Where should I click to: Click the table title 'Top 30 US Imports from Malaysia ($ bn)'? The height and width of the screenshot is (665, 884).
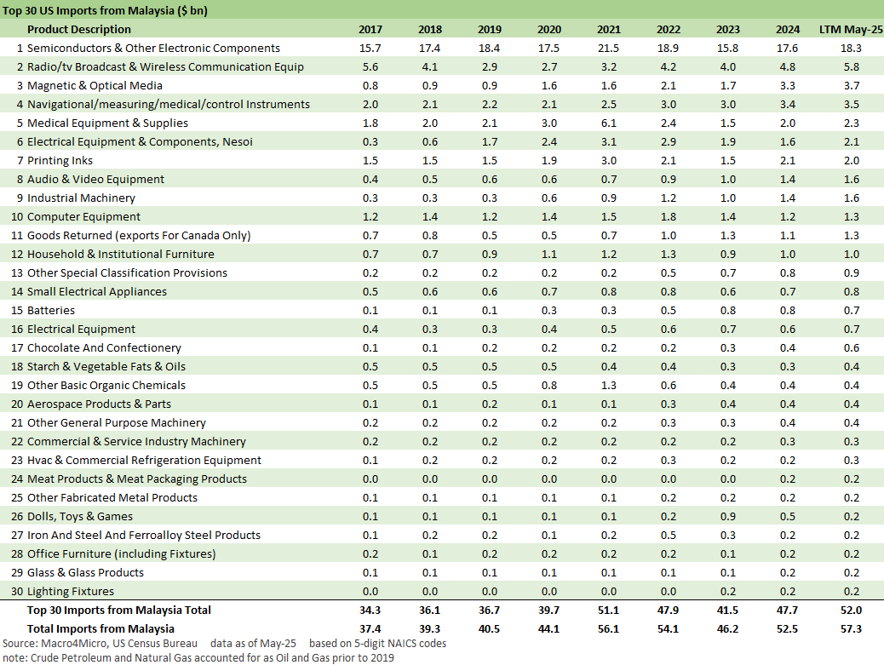(x=105, y=11)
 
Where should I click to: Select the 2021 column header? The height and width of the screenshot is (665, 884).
(x=609, y=30)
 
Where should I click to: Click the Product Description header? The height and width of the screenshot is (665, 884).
(x=79, y=30)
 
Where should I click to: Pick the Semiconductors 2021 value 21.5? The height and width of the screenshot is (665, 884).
(x=609, y=49)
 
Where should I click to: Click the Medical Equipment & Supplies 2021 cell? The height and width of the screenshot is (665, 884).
(x=609, y=123)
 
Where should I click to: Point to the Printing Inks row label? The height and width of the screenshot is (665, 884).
(x=60, y=161)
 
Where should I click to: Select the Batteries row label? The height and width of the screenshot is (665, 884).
(x=51, y=311)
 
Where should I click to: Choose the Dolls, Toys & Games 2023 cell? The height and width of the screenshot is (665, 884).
(x=728, y=517)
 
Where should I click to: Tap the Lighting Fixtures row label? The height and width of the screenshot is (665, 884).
(x=71, y=592)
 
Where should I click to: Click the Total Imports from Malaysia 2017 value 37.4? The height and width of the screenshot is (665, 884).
(x=370, y=628)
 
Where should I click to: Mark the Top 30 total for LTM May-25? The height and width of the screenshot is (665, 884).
(x=851, y=611)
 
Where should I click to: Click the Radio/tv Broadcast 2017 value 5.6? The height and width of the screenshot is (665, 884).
(x=370, y=67)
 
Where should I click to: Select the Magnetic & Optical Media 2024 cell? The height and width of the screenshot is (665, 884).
(x=788, y=86)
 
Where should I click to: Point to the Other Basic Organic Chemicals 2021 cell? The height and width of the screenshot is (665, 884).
(x=609, y=386)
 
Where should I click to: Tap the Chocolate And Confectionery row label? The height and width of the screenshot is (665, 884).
(x=104, y=348)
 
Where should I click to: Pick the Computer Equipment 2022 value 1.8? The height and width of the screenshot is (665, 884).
(x=669, y=217)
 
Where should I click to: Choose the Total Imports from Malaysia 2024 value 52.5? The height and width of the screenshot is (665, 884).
(x=788, y=628)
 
